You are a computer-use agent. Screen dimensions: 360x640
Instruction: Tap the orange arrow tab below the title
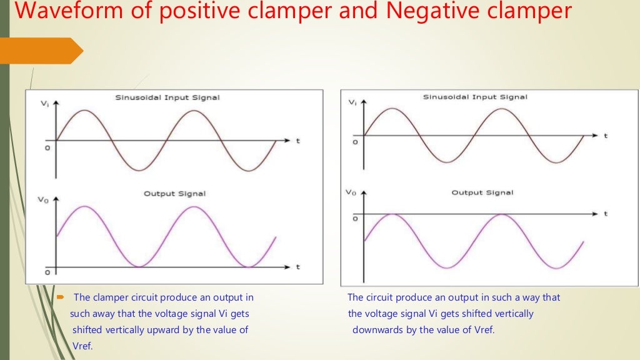coord(41,51)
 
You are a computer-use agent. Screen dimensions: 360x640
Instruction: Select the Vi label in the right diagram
coord(353,102)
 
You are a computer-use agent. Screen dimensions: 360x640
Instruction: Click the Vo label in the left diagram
coord(43,200)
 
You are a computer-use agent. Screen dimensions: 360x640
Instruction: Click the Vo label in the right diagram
coord(351,192)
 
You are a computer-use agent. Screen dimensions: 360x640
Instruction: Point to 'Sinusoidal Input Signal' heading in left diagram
coord(167,97)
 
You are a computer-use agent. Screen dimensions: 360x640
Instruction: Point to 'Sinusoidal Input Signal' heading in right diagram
coord(475,97)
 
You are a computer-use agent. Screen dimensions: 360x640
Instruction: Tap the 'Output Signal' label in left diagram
coord(174,194)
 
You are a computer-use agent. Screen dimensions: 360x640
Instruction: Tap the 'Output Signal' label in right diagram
coord(482,192)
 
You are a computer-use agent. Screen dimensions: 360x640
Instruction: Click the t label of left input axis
coord(298,141)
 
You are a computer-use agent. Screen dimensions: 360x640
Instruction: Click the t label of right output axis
coord(606,214)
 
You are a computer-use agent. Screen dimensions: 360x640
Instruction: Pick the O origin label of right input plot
coord(355,142)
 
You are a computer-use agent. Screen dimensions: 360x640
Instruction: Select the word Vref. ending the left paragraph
coord(82,346)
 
